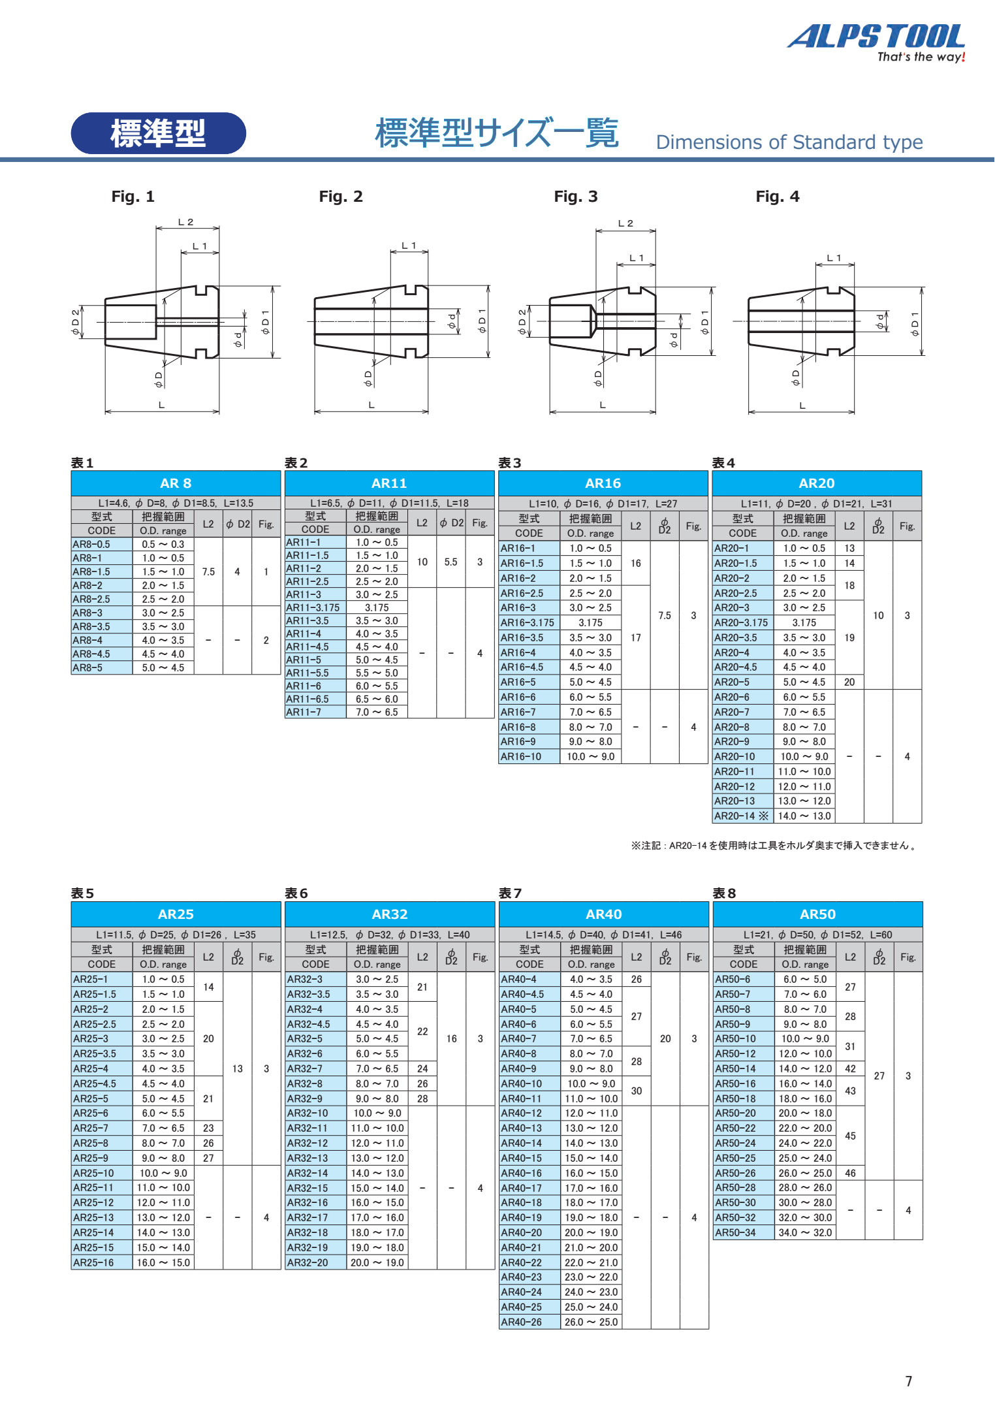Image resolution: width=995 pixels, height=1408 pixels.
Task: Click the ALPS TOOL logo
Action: [x=876, y=41]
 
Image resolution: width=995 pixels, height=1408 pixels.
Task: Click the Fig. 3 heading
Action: [x=575, y=197]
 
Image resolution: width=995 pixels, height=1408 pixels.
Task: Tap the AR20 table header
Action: [x=816, y=483]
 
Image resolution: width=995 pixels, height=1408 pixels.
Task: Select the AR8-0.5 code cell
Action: [x=101, y=544]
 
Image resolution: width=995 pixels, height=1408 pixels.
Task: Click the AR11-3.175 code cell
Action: [x=315, y=607]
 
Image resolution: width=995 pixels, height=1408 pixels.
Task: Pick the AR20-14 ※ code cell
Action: [x=742, y=816]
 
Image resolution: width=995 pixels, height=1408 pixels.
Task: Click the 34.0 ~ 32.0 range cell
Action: [x=805, y=1232]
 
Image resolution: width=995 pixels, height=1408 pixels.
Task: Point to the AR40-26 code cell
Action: [x=529, y=1322]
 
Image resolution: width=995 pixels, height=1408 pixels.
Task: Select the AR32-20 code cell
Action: [x=315, y=1262]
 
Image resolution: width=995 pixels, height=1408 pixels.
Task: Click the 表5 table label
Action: [x=82, y=893]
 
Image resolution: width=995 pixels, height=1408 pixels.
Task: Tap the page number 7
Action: [x=908, y=1381]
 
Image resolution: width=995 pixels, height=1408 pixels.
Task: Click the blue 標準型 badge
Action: [x=158, y=133]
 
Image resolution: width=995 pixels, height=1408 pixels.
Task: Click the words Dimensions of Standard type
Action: [x=789, y=142]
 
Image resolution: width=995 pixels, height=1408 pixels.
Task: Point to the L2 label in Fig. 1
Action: [x=186, y=222]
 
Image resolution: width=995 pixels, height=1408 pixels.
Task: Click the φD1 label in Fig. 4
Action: [x=915, y=323]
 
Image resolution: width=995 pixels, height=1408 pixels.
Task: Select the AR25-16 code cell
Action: [x=101, y=1262]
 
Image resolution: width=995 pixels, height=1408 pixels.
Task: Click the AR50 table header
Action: [x=817, y=914]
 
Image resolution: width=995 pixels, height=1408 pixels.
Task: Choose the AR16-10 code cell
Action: [x=529, y=756]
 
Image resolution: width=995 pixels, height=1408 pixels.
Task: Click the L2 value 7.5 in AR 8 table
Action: [x=208, y=571]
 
